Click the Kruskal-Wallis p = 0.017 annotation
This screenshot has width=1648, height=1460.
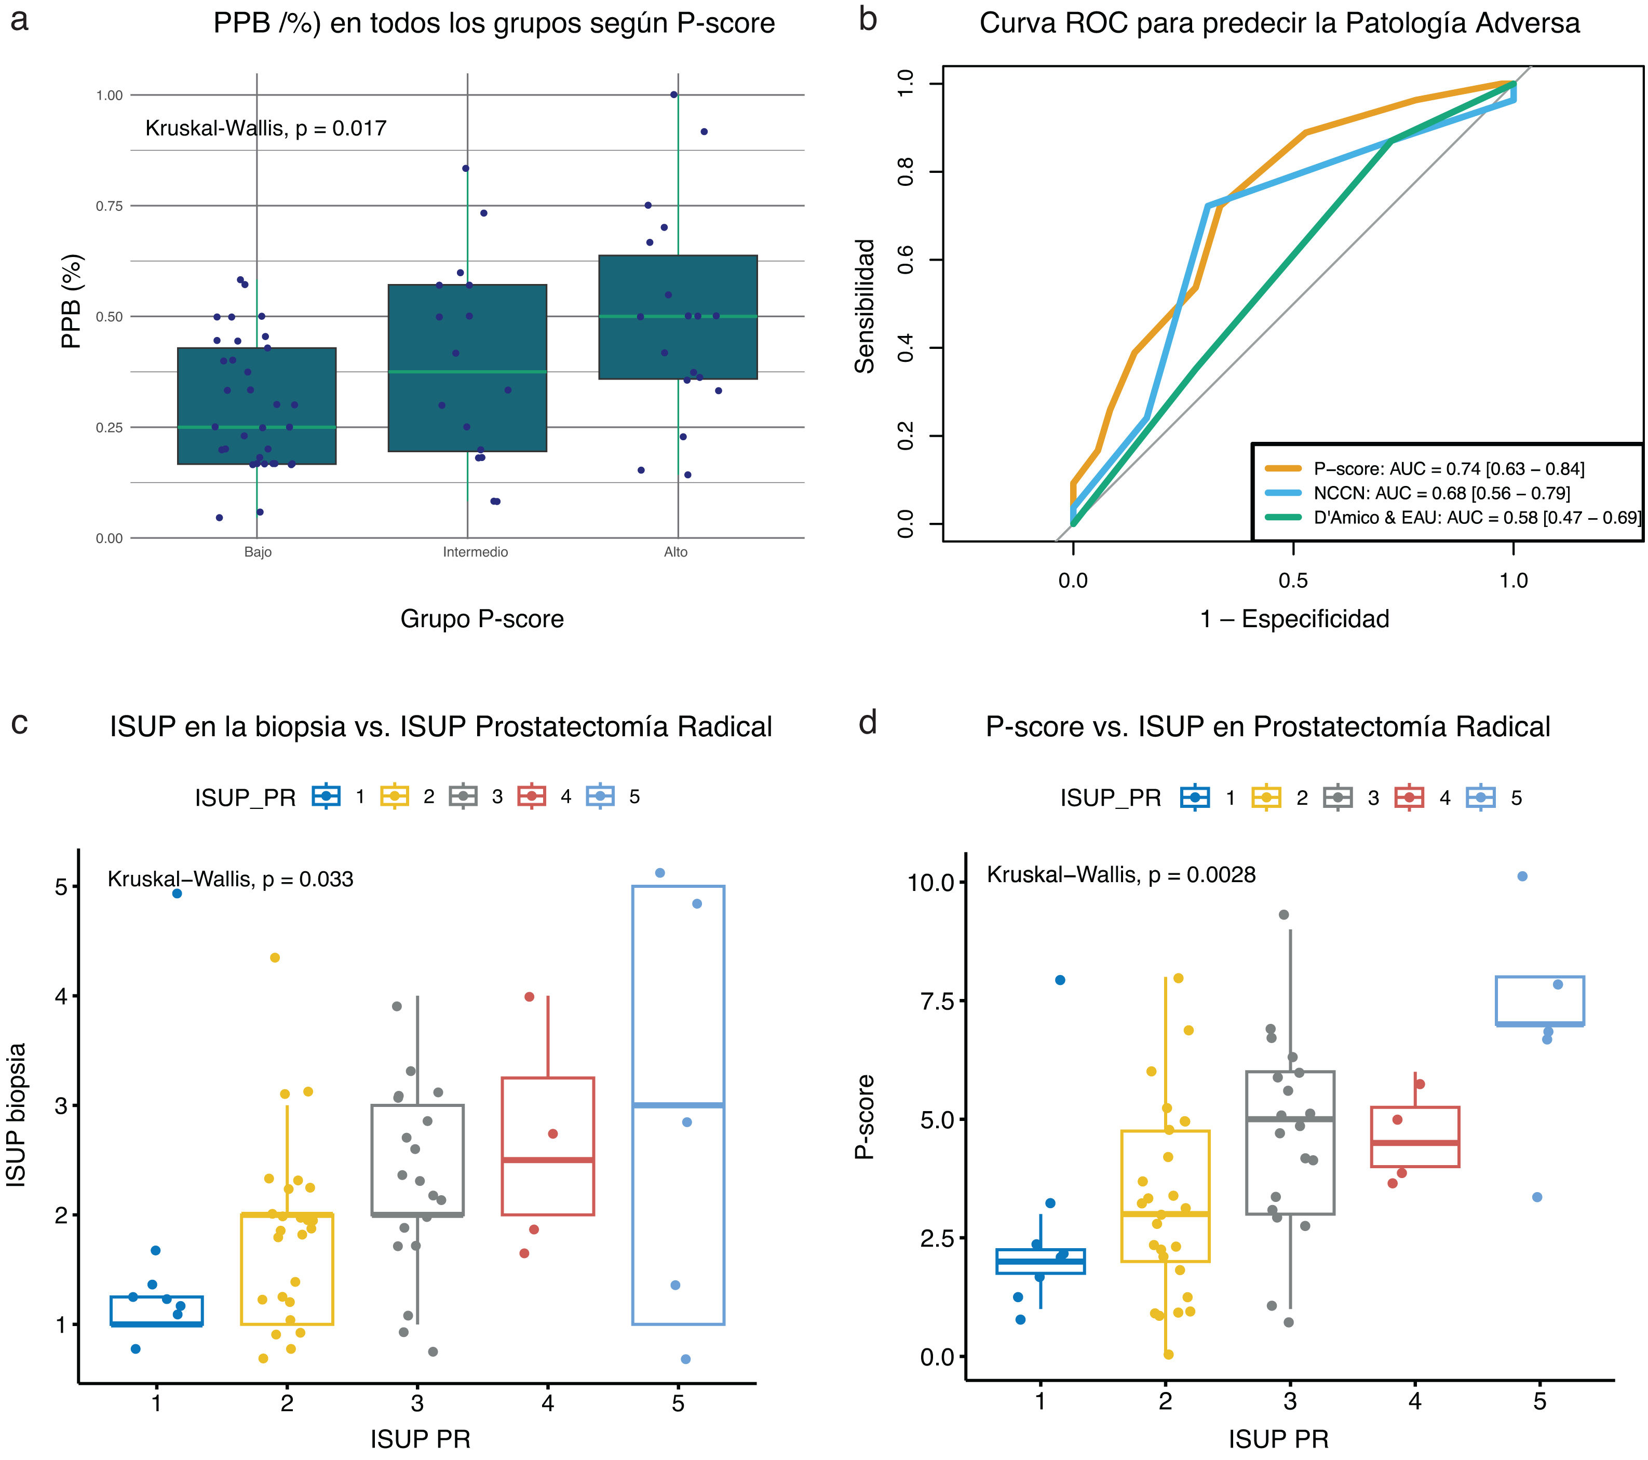point(265,128)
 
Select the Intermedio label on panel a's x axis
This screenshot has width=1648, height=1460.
point(475,552)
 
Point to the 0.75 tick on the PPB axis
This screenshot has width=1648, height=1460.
point(109,206)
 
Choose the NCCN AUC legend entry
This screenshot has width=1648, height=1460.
point(1441,493)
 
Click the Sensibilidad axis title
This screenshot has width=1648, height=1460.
point(865,306)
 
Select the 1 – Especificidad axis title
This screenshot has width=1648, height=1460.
point(1294,619)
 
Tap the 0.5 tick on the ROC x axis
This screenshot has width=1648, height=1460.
point(1293,580)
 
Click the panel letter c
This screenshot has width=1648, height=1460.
point(19,722)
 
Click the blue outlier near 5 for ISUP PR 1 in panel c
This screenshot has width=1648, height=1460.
point(178,893)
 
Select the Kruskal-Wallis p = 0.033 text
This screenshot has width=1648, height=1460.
point(231,880)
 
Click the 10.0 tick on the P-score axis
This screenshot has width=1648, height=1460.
point(931,883)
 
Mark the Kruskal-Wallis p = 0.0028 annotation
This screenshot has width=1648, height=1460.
point(1120,875)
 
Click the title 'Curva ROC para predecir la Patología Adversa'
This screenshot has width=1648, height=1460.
point(1279,23)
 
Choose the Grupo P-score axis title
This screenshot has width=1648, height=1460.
point(482,619)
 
